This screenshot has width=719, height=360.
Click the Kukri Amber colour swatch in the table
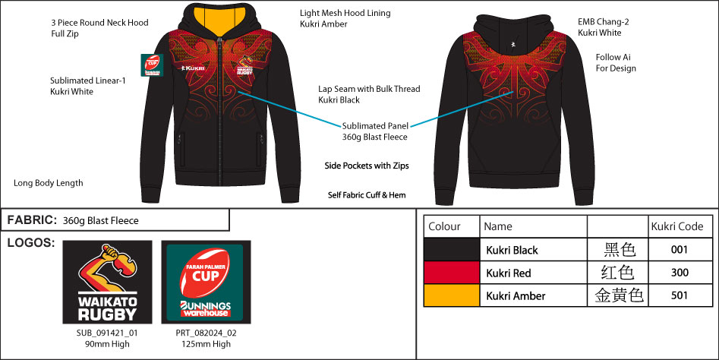click(x=451, y=295)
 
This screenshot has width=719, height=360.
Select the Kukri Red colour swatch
click(x=451, y=273)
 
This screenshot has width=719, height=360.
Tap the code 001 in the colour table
click(x=679, y=250)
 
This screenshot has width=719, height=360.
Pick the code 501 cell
click(x=679, y=295)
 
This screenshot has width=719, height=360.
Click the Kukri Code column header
click(x=677, y=226)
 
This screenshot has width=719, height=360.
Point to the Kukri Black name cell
click(x=512, y=251)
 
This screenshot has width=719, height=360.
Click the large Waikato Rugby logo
click(x=107, y=282)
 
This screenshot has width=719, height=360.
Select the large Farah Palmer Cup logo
click(x=206, y=282)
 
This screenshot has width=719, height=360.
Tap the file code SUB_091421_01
click(x=107, y=333)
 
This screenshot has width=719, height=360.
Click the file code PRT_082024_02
click(x=206, y=333)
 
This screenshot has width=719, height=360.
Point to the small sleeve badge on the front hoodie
click(x=151, y=65)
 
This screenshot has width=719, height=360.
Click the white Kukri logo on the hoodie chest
click(x=193, y=68)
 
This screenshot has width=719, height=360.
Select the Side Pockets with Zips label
click(x=367, y=166)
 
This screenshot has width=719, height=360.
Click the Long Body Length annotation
click(x=49, y=183)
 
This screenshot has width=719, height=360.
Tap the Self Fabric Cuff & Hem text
click(x=367, y=195)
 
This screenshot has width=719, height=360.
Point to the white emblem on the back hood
click(x=513, y=45)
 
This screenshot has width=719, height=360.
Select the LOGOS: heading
click(x=31, y=243)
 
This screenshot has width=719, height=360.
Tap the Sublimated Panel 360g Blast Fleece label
click(x=375, y=131)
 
